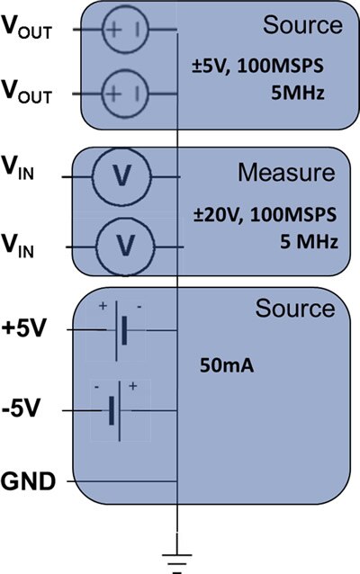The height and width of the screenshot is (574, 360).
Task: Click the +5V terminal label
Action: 24,328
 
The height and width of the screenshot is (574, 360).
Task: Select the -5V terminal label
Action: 20,408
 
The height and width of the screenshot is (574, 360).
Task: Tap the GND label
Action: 28,481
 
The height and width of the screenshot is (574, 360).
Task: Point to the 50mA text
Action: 227,365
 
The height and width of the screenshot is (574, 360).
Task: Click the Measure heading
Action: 286,172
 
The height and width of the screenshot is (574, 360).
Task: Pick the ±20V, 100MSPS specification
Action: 265,215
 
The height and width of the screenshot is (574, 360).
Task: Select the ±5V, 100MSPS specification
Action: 257,67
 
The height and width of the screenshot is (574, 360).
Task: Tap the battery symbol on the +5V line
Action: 121,330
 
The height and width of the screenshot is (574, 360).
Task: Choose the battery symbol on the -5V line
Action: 115,410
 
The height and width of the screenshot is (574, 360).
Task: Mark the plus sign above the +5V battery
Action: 103,305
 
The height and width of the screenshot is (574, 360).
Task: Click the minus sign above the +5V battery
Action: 139,306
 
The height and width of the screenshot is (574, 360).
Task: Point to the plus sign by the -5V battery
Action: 133,386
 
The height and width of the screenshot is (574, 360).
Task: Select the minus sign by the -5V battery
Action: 96,387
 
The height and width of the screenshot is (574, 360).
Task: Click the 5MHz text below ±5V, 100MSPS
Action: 297,93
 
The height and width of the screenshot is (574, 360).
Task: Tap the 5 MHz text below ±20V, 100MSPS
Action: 309,242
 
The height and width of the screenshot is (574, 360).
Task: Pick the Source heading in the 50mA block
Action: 295,308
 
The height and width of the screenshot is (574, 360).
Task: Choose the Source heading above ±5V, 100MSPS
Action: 303,25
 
